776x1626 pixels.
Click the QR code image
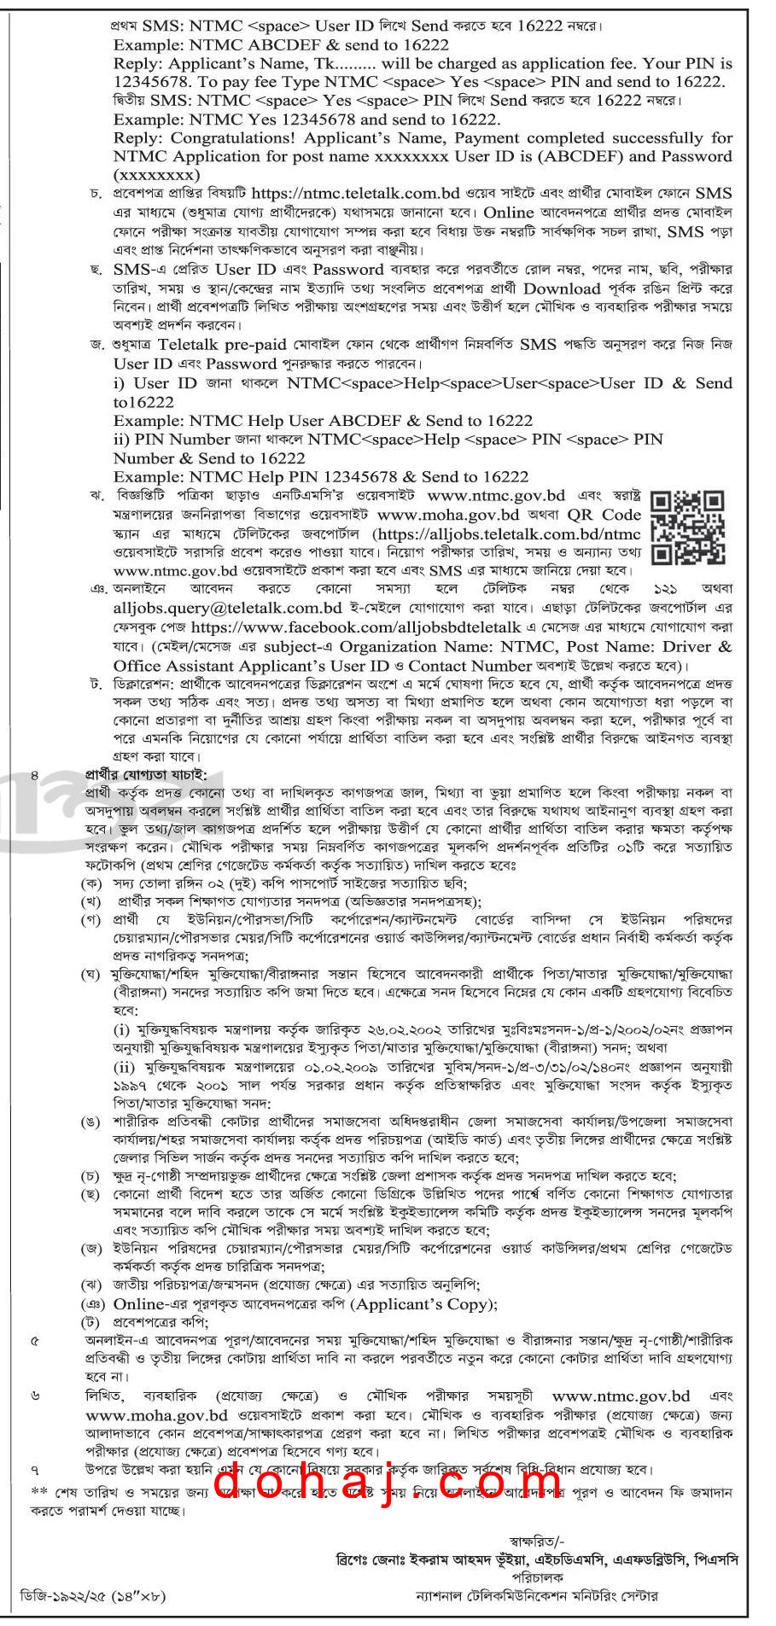point(687,527)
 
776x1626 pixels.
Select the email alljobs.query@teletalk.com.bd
point(227,608)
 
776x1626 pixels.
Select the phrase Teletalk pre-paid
point(222,345)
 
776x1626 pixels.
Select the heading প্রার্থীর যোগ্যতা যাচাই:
point(145,774)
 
